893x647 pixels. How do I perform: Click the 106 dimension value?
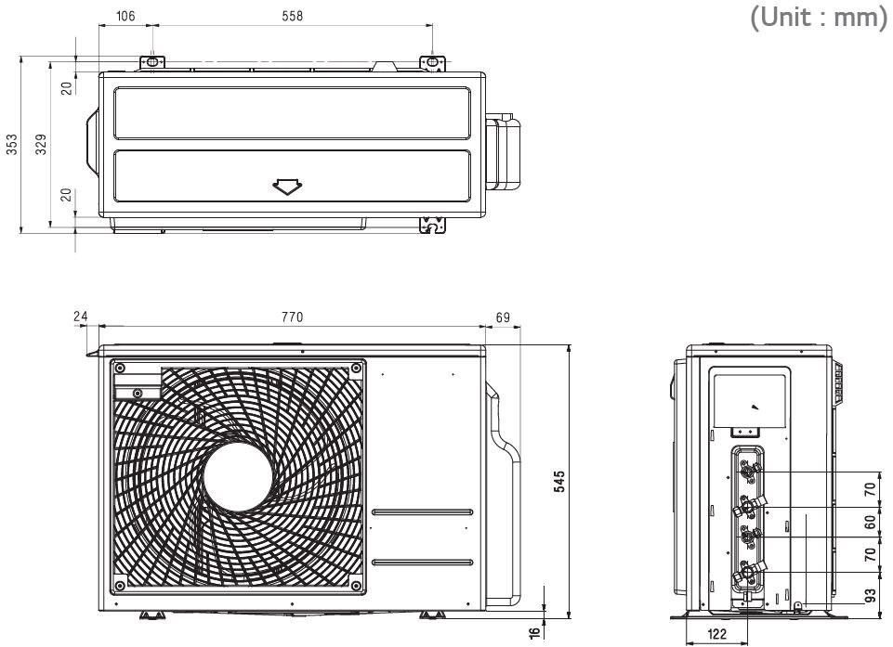tap(124, 16)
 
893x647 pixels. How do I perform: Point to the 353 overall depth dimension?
tap(12, 145)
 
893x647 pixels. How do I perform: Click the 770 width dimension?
tap(292, 317)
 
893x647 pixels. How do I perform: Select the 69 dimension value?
tap(503, 317)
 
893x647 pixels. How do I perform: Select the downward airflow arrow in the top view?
tap(288, 187)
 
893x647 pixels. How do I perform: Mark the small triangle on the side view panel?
tap(753, 407)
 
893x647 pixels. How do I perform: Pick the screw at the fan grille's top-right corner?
tap(357, 369)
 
